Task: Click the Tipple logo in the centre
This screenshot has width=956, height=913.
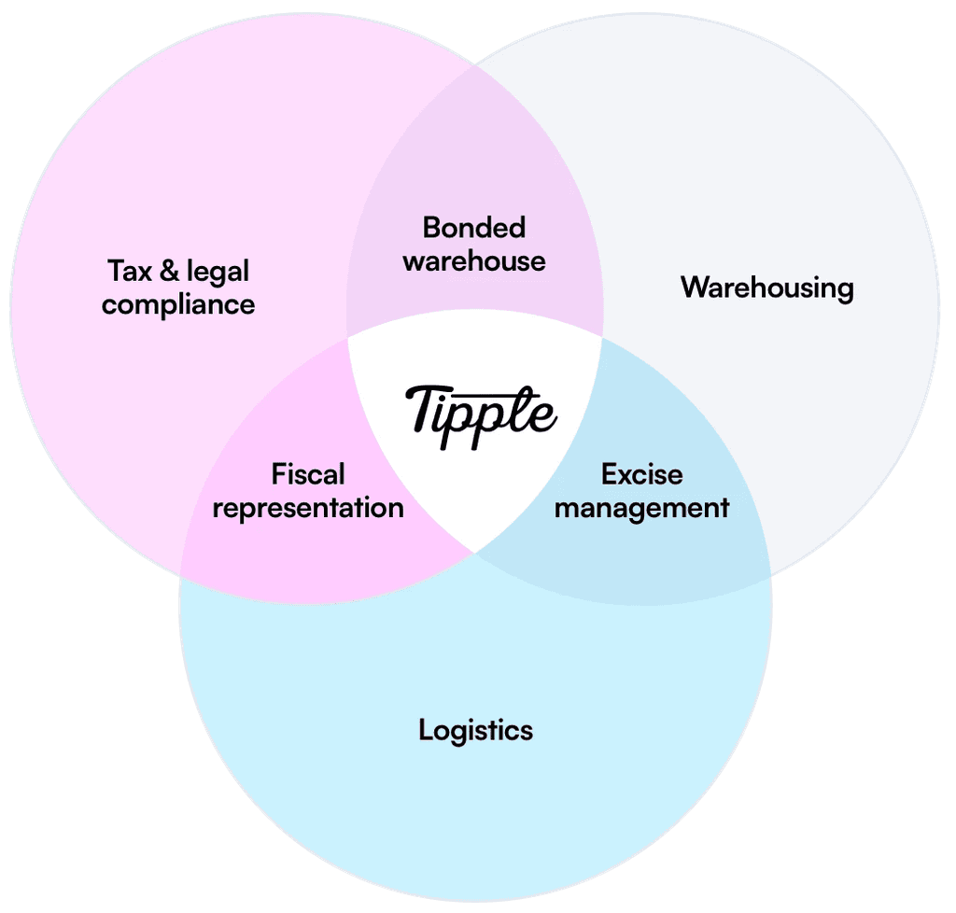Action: tap(480, 414)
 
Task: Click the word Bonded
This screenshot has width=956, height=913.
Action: tap(474, 227)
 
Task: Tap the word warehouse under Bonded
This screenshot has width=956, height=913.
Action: tap(474, 260)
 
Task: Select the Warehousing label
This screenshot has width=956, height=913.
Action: tap(766, 287)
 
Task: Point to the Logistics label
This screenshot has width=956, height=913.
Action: tap(475, 729)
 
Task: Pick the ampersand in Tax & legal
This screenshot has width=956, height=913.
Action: tap(169, 272)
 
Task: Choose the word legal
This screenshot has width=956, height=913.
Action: tap(218, 274)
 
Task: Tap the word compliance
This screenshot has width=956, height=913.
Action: tap(178, 305)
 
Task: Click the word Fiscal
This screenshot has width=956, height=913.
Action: tap(308, 474)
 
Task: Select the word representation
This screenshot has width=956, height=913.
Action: tap(308, 509)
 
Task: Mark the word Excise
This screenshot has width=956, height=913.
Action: tap(641, 474)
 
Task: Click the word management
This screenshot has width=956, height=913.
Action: tap(641, 509)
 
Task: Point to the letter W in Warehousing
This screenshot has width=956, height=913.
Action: tap(694, 287)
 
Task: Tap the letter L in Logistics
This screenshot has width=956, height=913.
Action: tap(425, 728)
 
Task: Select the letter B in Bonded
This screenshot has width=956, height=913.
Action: tap(430, 227)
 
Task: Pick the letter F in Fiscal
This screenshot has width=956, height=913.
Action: tap(278, 474)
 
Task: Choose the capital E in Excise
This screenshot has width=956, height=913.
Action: tap(609, 474)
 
